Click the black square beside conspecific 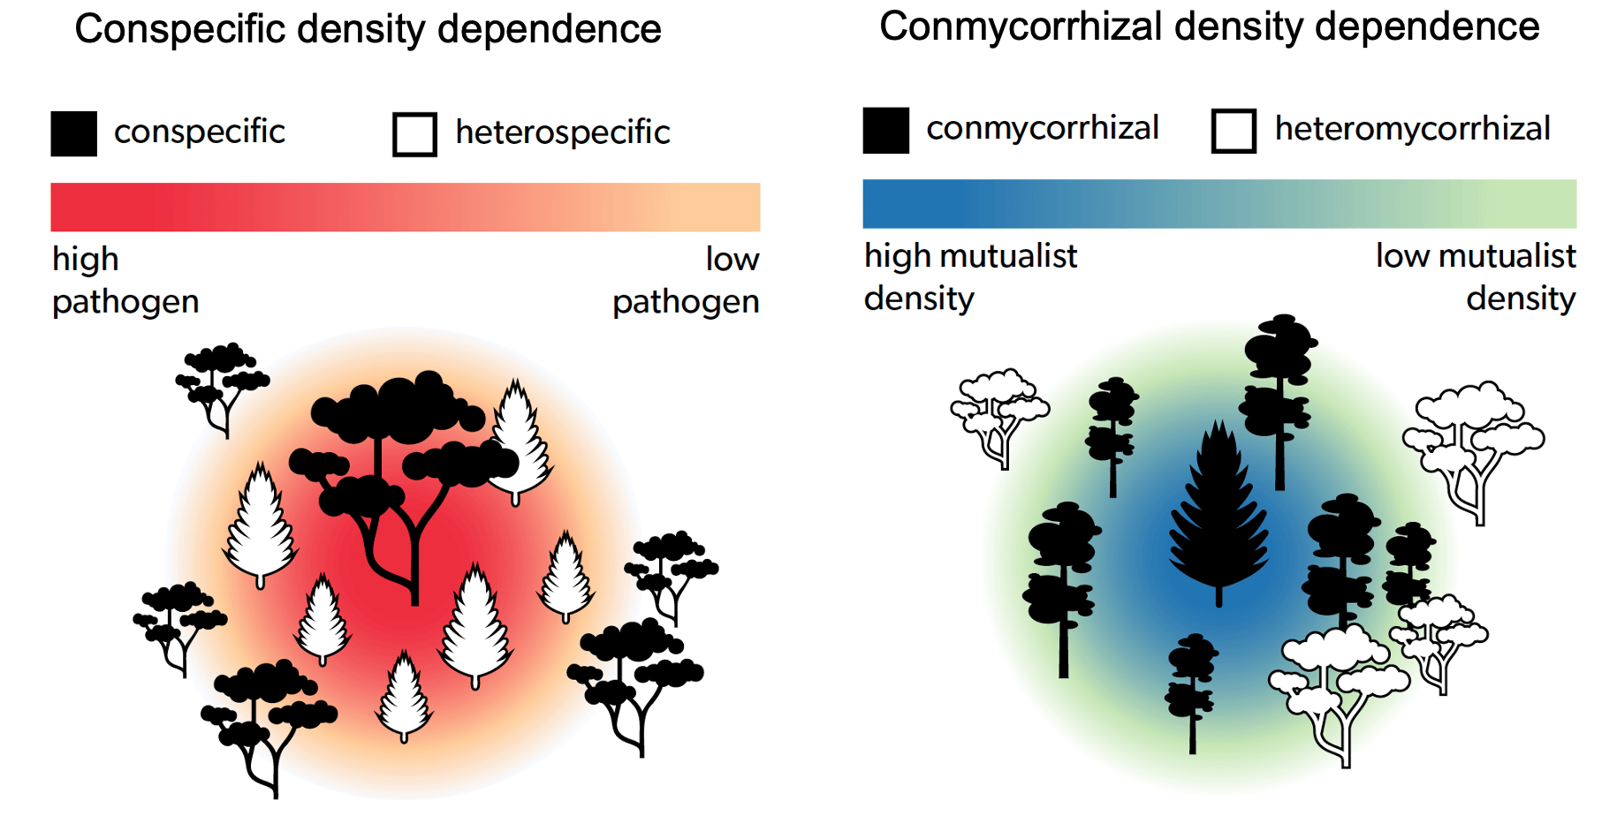[73, 133]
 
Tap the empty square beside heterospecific [414, 134]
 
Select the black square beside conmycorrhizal [885, 131]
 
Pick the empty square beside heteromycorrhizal [1234, 131]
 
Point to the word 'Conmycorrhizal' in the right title [1020, 27]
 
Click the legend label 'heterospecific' [563, 132]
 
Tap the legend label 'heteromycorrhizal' [1412, 129]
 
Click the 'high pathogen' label [125, 281]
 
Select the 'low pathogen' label [686, 281]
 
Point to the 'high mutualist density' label [970, 277]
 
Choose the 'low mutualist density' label [1476, 277]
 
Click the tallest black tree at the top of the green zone [1279, 402]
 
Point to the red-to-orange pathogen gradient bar [406, 208]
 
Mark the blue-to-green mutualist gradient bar [1219, 204]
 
